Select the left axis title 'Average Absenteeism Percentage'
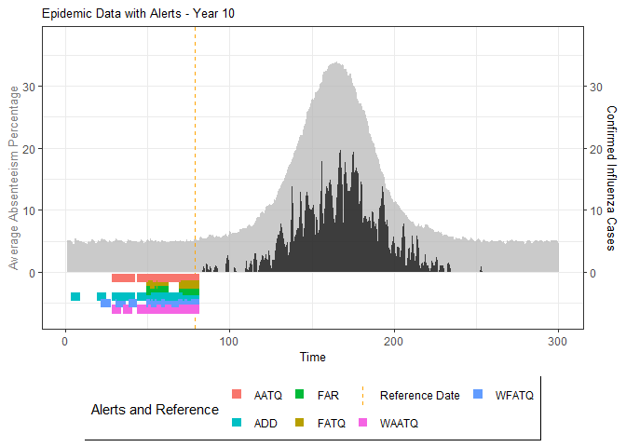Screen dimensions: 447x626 (14, 178)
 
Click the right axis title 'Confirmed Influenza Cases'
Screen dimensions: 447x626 (611, 178)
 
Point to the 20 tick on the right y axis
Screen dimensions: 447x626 (593, 149)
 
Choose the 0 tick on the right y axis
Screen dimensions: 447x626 (593, 273)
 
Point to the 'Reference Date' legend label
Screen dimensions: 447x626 (419, 395)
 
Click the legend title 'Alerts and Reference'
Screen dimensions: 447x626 (155, 409)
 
